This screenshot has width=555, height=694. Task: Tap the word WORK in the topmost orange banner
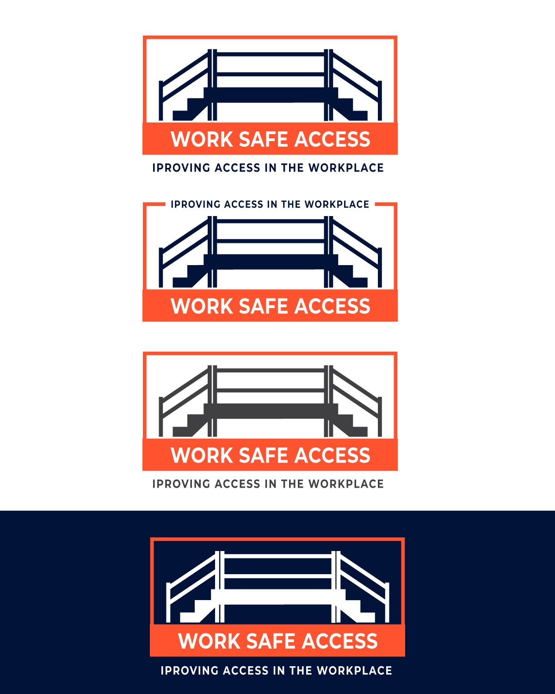pyautogui.click(x=202, y=139)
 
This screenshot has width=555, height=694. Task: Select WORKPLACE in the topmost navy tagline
pyautogui.click(x=346, y=167)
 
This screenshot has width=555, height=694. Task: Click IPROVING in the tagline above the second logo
pyautogui.click(x=195, y=204)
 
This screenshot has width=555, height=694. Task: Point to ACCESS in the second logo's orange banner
pyautogui.click(x=332, y=306)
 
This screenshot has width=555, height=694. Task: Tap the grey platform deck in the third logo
pyautogui.click(x=271, y=411)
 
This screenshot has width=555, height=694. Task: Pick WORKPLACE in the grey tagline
pyautogui.click(x=346, y=484)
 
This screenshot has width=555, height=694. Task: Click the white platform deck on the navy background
pyautogui.click(x=278, y=597)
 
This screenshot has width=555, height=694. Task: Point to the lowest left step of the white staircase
pyautogui.click(x=190, y=617)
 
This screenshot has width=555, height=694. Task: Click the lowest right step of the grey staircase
pyautogui.click(x=358, y=432)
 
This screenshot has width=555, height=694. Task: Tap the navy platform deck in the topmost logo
pyautogui.click(x=271, y=95)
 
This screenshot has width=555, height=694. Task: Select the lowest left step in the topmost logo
pyautogui.click(x=183, y=116)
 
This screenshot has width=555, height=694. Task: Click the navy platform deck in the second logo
pyautogui.click(x=271, y=262)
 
